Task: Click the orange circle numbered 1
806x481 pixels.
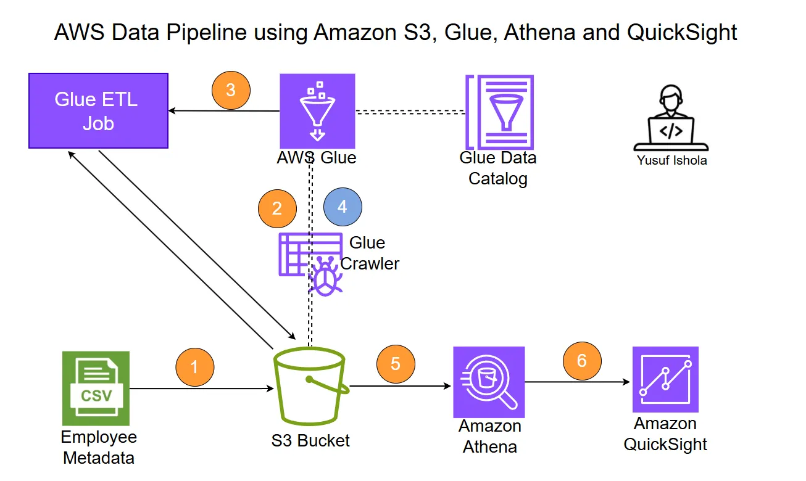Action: click(x=194, y=368)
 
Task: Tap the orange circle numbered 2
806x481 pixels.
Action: click(x=277, y=208)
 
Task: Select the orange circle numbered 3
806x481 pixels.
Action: click(x=231, y=90)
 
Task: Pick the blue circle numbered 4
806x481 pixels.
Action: click(x=343, y=207)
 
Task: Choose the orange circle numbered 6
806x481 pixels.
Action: click(x=582, y=360)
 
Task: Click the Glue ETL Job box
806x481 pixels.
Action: click(x=98, y=111)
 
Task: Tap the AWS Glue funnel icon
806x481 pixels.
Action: click(x=317, y=111)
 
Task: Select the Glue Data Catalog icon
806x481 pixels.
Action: click(x=500, y=111)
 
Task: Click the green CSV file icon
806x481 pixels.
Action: click(x=96, y=388)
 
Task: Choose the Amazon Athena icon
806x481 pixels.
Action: click(x=489, y=382)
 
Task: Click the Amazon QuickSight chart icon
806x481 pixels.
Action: click(x=665, y=379)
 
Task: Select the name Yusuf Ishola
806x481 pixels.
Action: click(x=671, y=161)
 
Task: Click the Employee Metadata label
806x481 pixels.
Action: click(x=99, y=448)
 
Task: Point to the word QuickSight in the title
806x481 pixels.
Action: click(x=682, y=32)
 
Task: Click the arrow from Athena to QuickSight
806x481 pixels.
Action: click(x=577, y=382)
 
